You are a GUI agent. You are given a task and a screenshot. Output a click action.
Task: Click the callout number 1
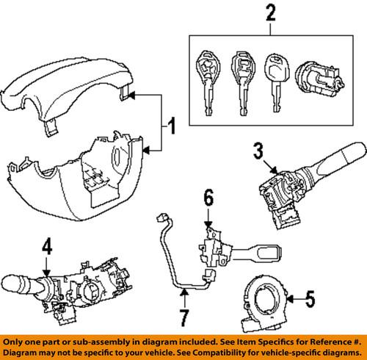tap(170, 131)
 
